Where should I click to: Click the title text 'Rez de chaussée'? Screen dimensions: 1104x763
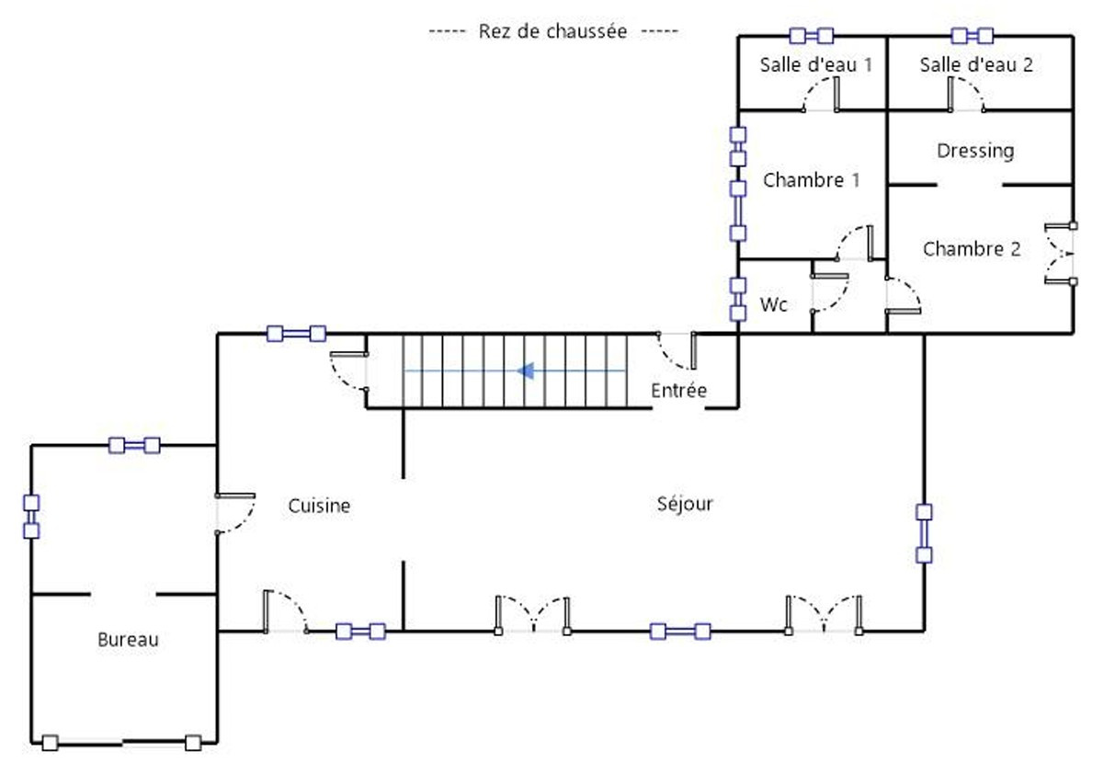coord(552,31)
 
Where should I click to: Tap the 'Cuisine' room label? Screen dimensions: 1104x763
coord(319,506)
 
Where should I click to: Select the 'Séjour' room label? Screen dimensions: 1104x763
coord(685,504)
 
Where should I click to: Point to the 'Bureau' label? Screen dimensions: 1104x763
coord(128,640)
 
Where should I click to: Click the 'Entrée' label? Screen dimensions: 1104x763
coord(678,391)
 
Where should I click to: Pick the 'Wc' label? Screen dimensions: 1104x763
coord(773,304)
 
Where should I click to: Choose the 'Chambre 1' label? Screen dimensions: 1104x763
coord(812,180)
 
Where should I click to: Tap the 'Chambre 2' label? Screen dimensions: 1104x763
coord(972,249)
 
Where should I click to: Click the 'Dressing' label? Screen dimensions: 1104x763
coord(975,152)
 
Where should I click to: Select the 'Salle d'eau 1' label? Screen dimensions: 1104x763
coord(816,64)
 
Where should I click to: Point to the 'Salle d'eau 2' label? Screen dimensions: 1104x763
coord(976,64)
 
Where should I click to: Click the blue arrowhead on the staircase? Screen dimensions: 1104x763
coord(526,370)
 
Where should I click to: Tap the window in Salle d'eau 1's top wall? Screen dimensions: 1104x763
coord(812,36)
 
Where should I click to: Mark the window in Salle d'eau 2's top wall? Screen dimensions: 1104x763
coord(972,36)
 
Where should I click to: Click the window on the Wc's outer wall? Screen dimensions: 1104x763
coord(738,299)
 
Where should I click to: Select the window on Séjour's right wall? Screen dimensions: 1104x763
coord(924,534)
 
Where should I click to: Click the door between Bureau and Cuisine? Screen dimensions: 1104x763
coord(235,514)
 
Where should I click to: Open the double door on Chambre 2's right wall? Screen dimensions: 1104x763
coord(1060,254)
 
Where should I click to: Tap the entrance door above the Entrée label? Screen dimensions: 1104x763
coord(677,351)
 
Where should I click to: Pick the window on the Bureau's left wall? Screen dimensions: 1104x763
coord(31,517)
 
